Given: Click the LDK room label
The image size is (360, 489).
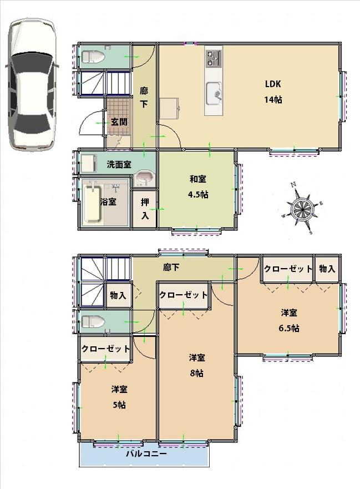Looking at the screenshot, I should (x=273, y=84).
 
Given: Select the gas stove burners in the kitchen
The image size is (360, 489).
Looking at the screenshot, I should (x=214, y=57).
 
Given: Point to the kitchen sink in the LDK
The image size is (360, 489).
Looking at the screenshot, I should (x=214, y=92).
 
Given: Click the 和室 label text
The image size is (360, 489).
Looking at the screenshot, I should (x=198, y=179).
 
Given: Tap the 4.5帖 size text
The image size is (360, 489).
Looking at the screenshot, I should (x=198, y=195).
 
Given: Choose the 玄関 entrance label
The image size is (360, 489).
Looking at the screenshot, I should (x=118, y=122).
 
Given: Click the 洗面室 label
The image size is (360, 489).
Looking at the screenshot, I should (x=119, y=164).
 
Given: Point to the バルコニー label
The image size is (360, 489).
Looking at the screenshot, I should (x=146, y=453).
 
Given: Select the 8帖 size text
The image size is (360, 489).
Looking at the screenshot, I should (x=196, y=373).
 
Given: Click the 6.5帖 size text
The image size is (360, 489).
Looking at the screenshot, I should (x=289, y=328).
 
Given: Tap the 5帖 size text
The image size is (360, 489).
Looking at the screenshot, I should (x=119, y=405).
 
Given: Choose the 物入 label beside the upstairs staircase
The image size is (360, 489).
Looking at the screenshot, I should (x=118, y=296).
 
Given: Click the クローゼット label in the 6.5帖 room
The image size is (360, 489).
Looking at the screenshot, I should (x=288, y=269).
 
